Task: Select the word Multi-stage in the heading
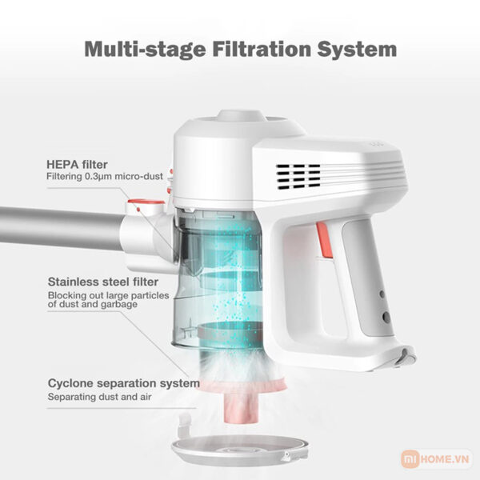138,49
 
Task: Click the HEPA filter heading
78,163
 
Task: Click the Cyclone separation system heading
123,383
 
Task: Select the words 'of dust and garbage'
90,304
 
